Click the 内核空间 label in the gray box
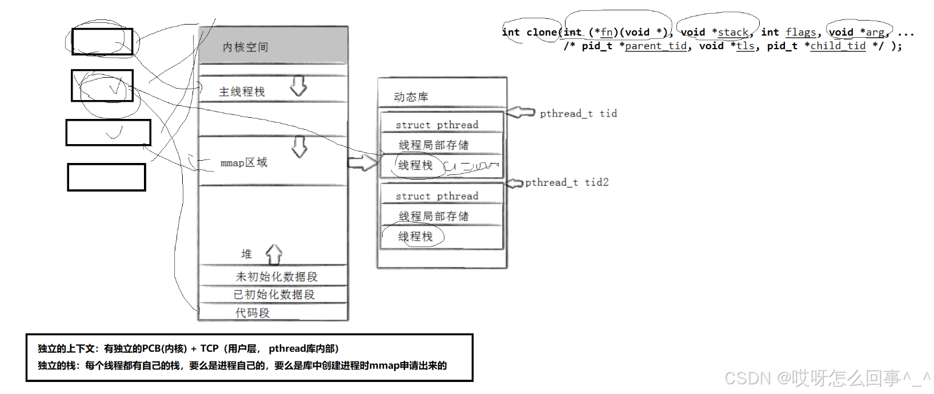click(245, 47)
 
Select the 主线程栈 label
click(242, 91)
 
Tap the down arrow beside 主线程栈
click(298, 86)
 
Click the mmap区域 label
click(244, 163)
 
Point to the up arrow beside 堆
click(274, 254)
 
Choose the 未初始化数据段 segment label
click(276, 277)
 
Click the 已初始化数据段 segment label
click(274, 294)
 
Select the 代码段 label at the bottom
click(252, 313)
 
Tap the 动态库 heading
click(411, 97)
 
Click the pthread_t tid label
click(578, 113)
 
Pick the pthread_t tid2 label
click(567, 182)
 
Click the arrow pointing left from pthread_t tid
click(520, 112)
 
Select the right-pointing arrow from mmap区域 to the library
click(362, 163)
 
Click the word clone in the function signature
click(542, 32)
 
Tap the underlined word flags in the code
click(800, 32)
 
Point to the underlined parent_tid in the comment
click(655, 46)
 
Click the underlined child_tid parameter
click(837, 46)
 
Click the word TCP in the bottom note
click(209, 348)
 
